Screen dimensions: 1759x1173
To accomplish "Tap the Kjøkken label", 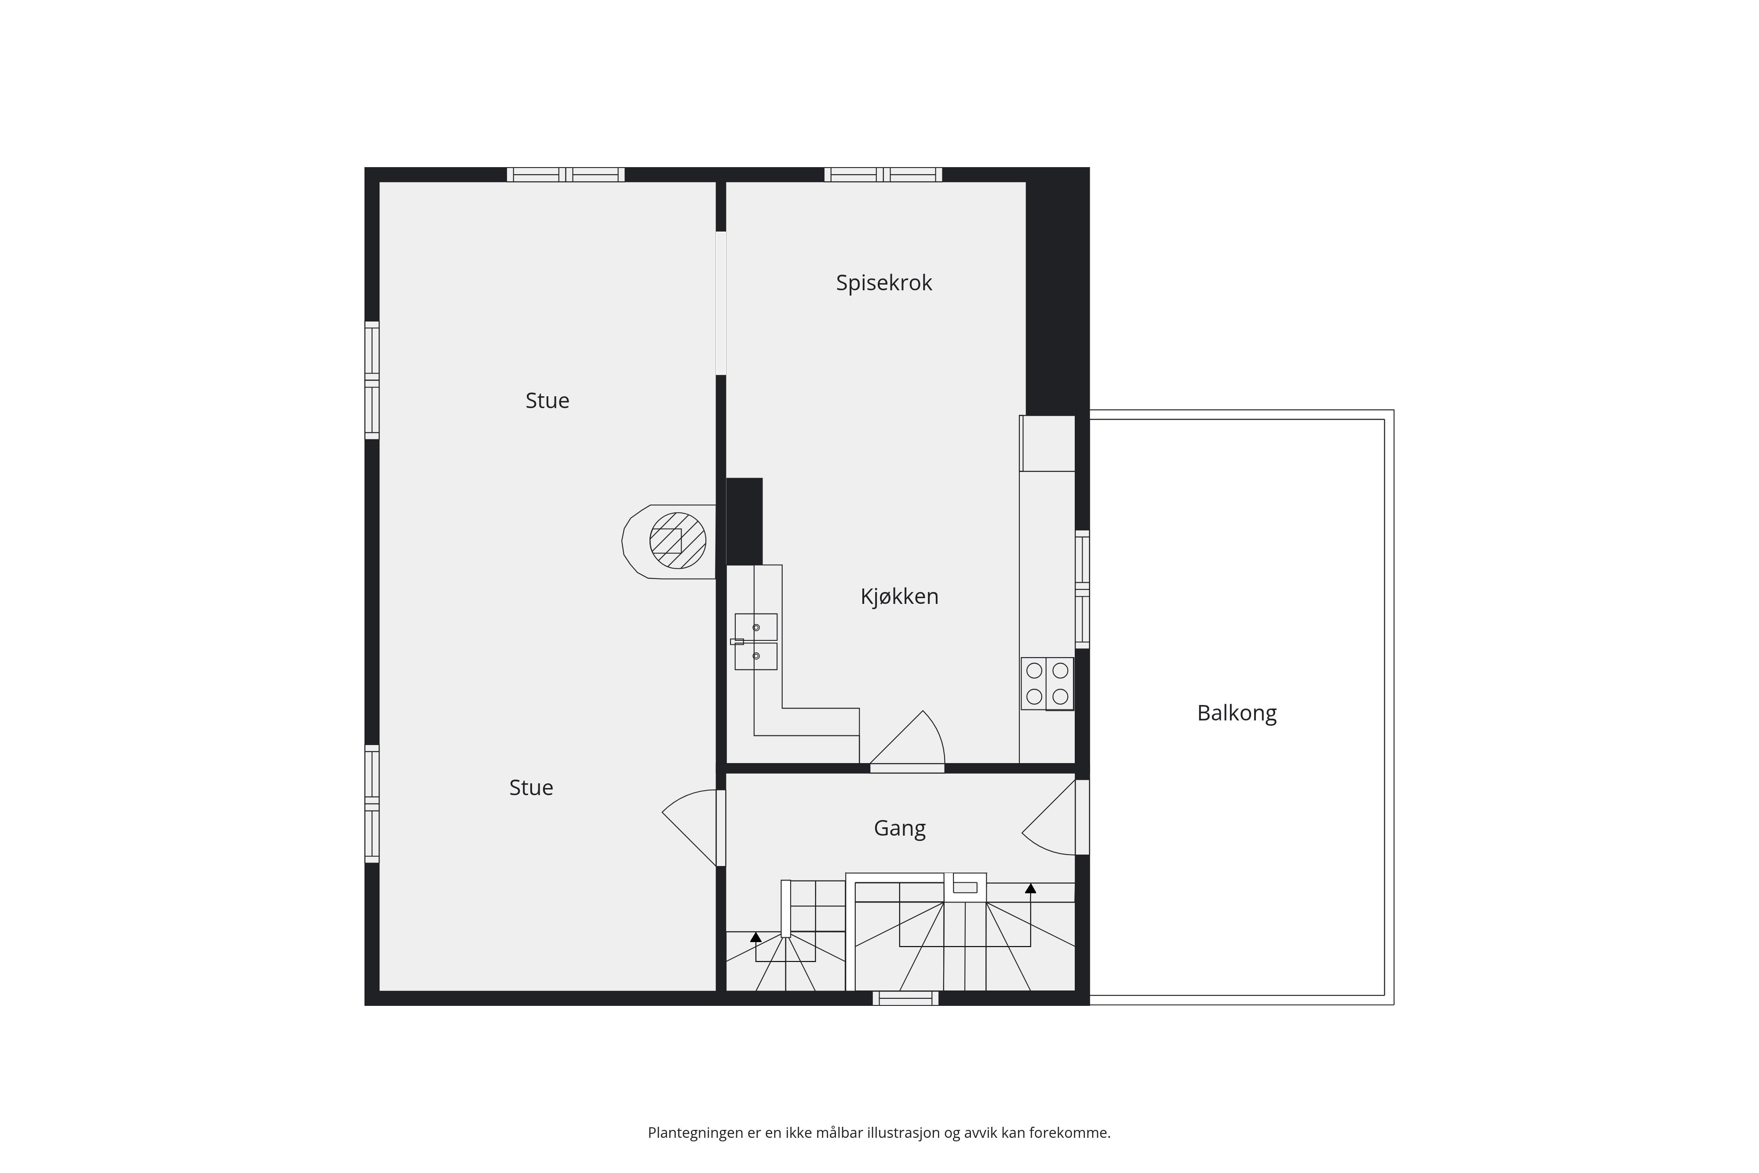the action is (899, 596).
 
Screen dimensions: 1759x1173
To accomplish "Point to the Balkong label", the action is (1237, 713).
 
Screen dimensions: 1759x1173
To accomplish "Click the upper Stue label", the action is (547, 401).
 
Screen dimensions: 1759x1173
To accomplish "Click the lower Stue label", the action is (531, 788).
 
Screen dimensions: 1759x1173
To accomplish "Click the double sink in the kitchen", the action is (755, 642).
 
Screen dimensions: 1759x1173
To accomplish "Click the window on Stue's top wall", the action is (566, 174).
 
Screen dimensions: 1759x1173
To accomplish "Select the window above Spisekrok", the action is (883, 174).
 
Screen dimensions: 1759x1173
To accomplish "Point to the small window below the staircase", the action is (906, 998).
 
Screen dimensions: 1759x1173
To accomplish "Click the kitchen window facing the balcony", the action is (1082, 589).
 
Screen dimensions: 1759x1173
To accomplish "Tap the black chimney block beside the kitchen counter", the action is (744, 522).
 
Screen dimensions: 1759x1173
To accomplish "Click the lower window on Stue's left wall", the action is (372, 804).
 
